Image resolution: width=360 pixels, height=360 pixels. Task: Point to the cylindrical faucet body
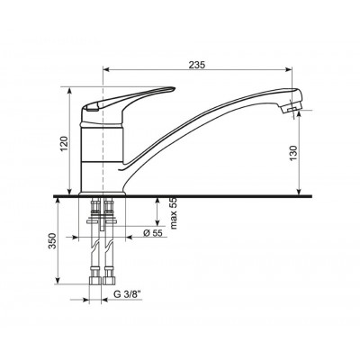102,153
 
